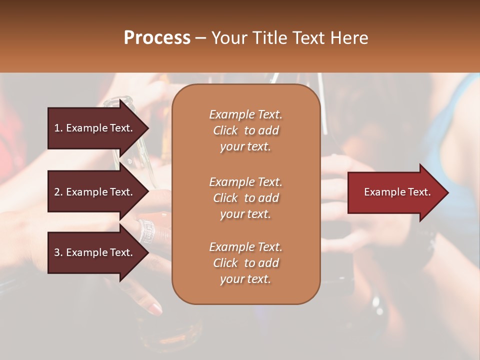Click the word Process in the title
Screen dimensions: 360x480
pos(157,38)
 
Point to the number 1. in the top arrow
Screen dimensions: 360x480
pos(58,128)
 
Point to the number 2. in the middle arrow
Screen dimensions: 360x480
pos(58,192)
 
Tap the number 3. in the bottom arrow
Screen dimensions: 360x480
pos(58,252)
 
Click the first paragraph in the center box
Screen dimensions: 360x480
pos(245,130)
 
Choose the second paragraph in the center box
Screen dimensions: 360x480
pos(245,197)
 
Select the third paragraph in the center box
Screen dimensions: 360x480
pos(245,263)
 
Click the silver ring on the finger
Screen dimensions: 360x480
pos(146,229)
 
